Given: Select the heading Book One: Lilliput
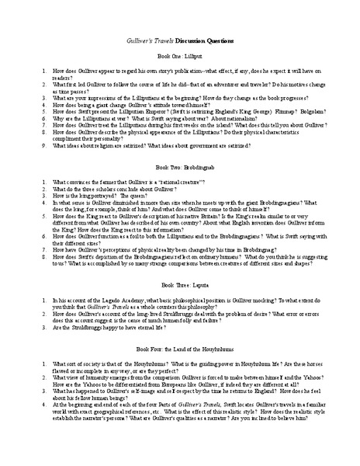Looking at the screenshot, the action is tap(180, 57).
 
